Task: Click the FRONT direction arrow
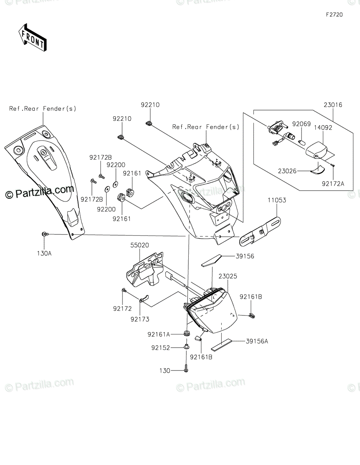click(x=33, y=38)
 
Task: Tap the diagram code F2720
click(x=334, y=15)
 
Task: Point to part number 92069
click(x=301, y=124)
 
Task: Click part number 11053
click(x=276, y=200)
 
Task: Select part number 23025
click(x=227, y=276)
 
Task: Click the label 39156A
click(x=257, y=341)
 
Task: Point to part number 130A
click(x=44, y=253)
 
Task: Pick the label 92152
click(x=161, y=348)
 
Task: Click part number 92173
click(x=140, y=319)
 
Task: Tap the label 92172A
click(x=332, y=184)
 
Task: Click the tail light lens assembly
click(x=213, y=310)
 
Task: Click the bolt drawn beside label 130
click(x=186, y=368)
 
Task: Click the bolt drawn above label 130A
click(x=44, y=234)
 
